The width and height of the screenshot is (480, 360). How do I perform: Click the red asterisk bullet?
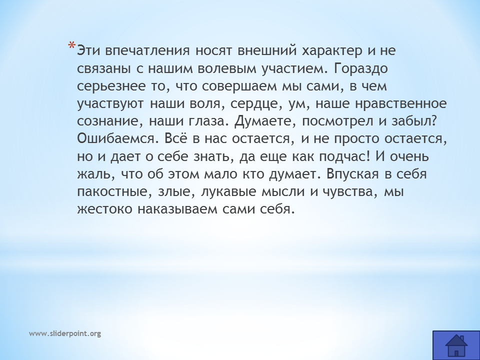(x=71, y=46)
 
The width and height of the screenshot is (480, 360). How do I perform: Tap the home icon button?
(x=456, y=345)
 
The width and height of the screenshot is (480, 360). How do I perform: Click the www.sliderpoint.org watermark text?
(x=65, y=333)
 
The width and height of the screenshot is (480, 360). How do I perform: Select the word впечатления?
(x=147, y=51)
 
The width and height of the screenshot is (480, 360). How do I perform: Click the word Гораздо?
(x=360, y=69)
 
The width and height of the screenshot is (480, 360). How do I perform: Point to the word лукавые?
(x=228, y=192)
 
